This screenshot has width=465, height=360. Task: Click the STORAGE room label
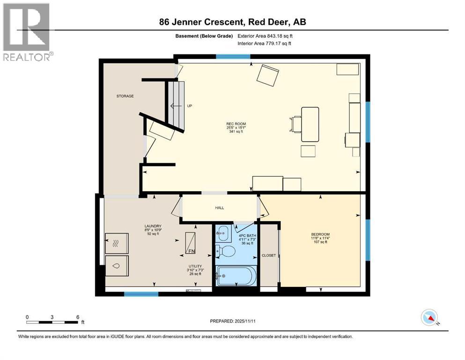[125, 96]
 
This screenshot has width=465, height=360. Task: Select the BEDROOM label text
[320, 234]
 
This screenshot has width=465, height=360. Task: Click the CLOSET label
[269, 255]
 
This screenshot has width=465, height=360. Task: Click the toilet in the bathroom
[227, 251]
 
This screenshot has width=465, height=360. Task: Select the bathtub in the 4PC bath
[236, 275]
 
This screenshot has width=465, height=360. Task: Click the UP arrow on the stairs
[176, 106]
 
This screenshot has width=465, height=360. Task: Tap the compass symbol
[429, 318]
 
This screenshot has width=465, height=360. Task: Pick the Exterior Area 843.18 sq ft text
[266, 36]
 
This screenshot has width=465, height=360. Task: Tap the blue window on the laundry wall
[141, 294]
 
